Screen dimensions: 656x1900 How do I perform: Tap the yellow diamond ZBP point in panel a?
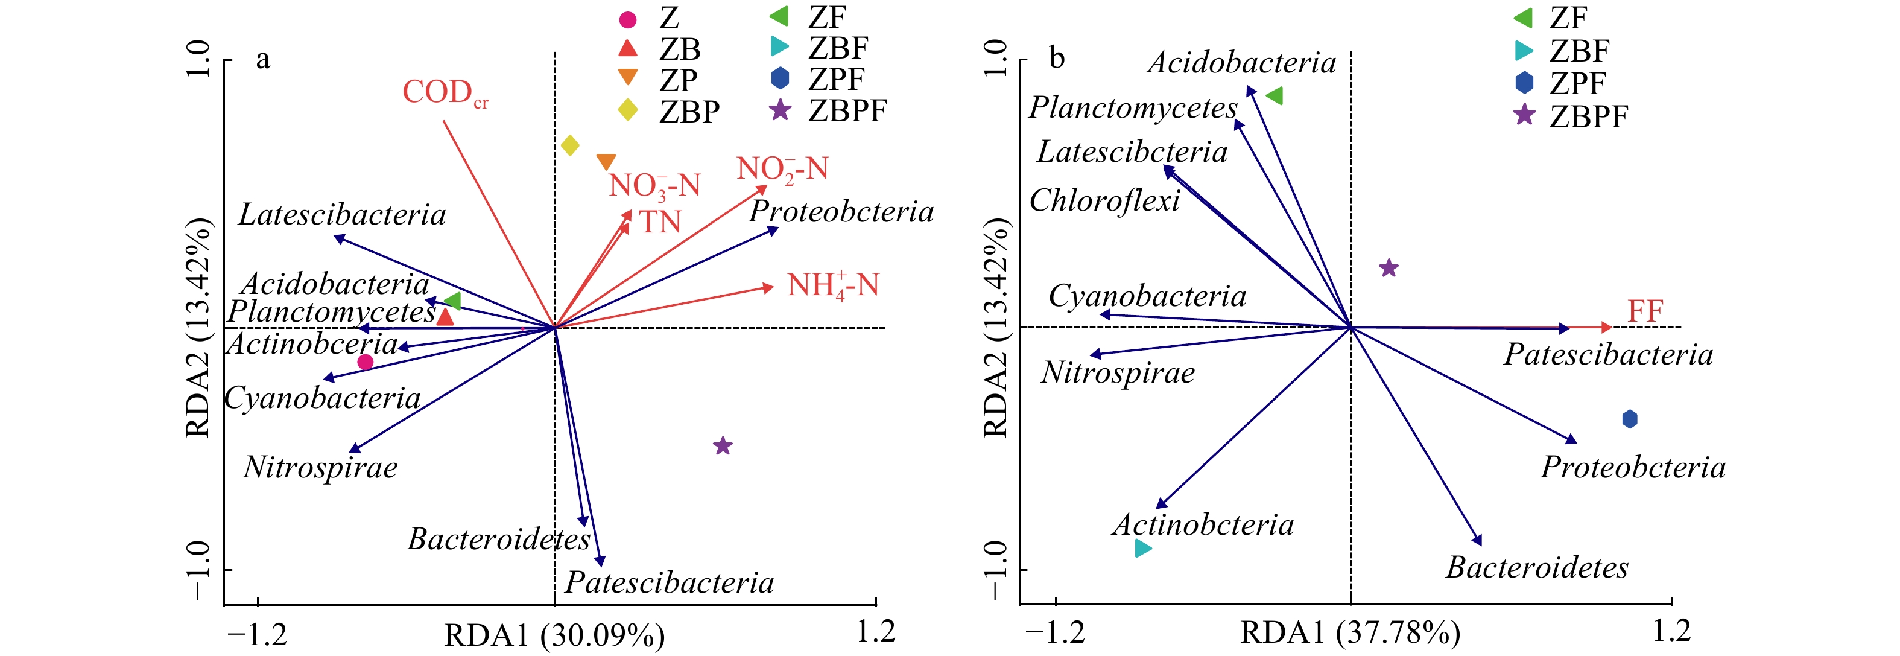[569, 145]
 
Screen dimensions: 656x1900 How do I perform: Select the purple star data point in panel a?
[723, 446]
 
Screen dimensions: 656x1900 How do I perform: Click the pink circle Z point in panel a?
[365, 361]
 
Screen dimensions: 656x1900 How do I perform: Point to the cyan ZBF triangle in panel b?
[1142, 548]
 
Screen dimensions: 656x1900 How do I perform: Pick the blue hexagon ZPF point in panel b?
[1630, 419]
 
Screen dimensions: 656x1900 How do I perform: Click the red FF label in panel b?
[1645, 311]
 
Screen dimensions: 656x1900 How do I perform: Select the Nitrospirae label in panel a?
[320, 467]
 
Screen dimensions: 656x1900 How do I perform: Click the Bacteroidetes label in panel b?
[1537, 567]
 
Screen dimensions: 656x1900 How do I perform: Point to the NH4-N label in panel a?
[833, 285]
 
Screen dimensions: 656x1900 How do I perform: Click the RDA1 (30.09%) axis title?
[554, 635]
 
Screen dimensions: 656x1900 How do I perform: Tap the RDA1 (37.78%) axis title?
[1350, 633]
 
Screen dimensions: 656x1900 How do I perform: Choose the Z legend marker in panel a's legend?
[627, 19]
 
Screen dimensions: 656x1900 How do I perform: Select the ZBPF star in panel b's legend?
[1524, 115]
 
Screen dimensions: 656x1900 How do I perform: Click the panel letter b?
[1057, 57]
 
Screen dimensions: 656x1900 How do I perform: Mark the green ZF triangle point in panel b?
[1275, 96]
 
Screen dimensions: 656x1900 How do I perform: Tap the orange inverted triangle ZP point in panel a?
[606, 162]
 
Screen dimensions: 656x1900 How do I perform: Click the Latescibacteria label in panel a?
[342, 215]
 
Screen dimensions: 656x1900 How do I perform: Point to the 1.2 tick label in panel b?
[1671, 631]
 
